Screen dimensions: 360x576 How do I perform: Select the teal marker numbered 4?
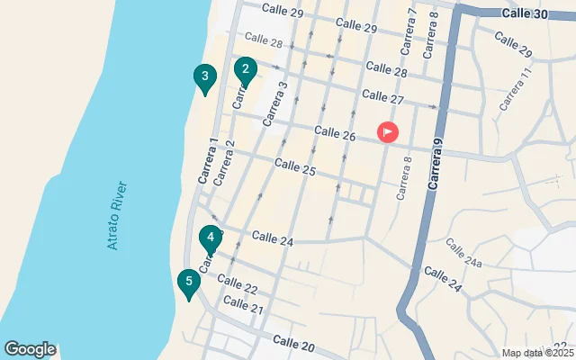click(210, 239)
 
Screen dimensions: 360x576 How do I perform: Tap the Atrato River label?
click(117, 216)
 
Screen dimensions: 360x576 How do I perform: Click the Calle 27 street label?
click(382, 95)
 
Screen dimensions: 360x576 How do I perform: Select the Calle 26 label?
click(335, 134)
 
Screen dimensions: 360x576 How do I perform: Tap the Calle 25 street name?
click(295, 166)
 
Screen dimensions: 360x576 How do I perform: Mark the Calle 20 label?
click(294, 345)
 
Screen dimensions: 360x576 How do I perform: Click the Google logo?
click(30, 349)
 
